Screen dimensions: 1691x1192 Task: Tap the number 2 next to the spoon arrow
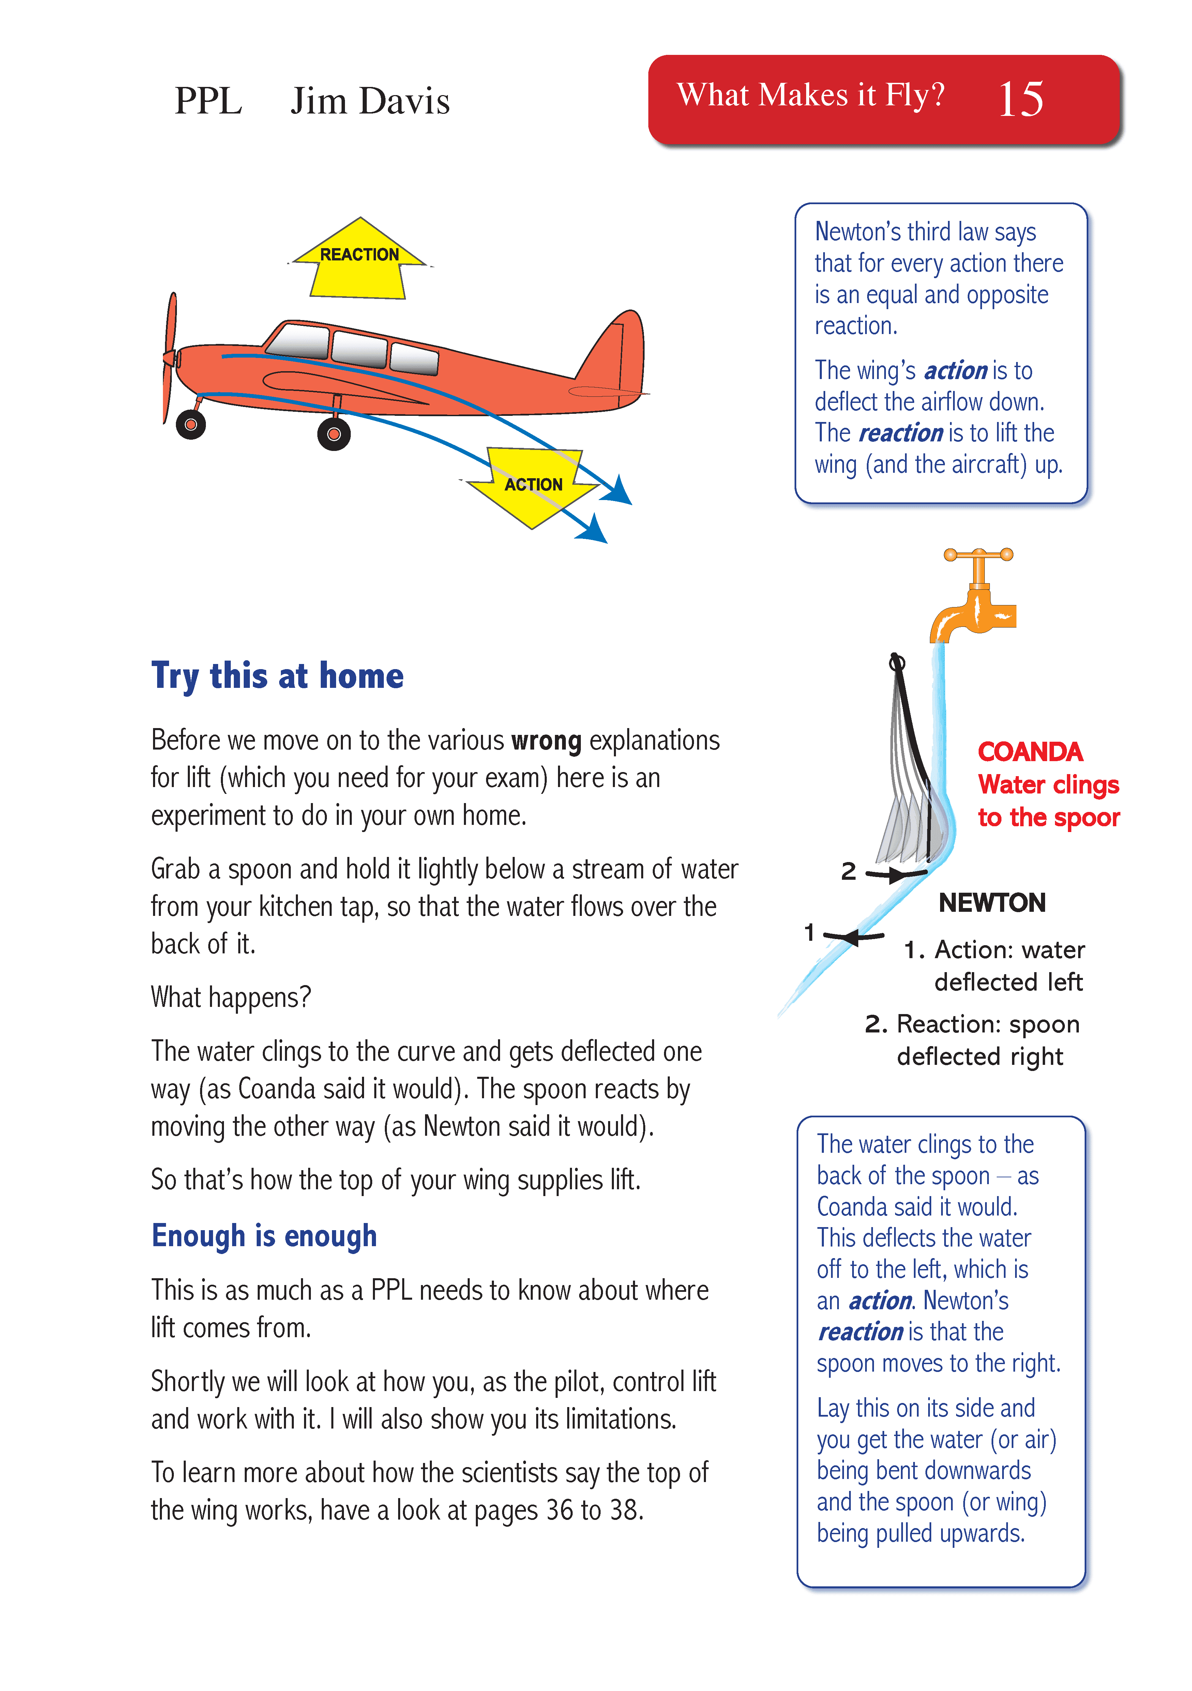coord(849,871)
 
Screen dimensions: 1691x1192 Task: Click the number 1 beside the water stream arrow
coord(809,932)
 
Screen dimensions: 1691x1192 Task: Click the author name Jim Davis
coord(370,101)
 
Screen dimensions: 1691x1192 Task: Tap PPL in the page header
coord(208,101)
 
